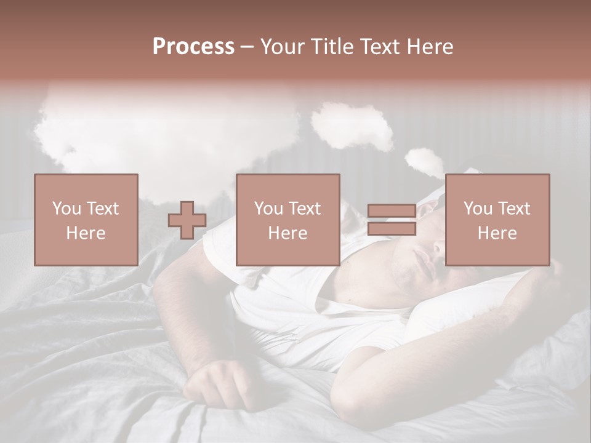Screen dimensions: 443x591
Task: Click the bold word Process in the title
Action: (193, 47)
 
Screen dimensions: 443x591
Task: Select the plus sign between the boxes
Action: (187, 220)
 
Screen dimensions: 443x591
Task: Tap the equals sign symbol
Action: (392, 220)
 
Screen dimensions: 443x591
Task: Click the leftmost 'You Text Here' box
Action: (86, 220)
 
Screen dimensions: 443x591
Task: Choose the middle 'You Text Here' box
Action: (288, 220)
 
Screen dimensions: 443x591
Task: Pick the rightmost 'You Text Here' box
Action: (497, 220)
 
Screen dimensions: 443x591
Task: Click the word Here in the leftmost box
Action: (86, 233)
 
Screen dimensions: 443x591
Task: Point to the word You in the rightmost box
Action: (476, 209)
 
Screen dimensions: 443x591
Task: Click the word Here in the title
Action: (430, 47)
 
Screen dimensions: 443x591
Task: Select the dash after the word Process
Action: (247, 47)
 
